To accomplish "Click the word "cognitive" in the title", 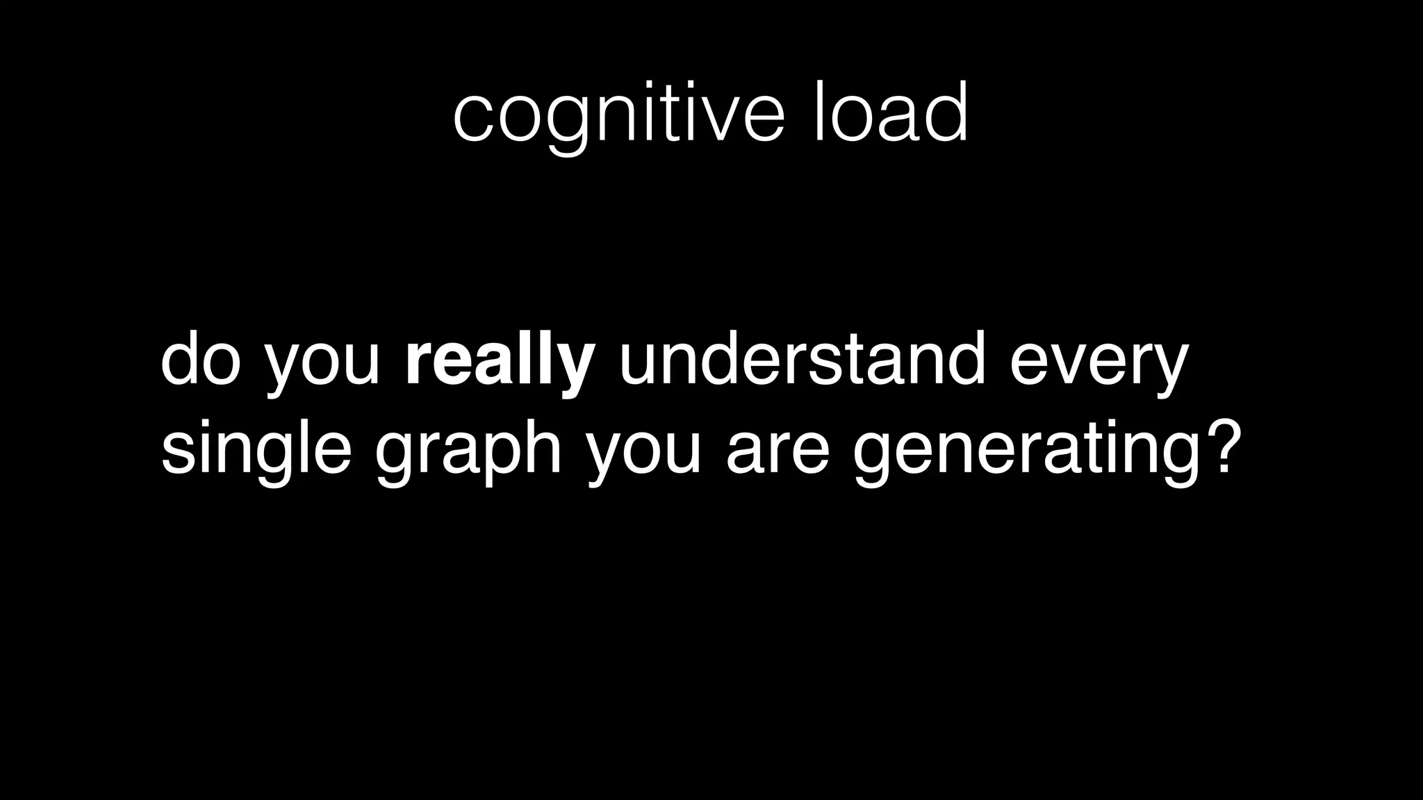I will (618, 115).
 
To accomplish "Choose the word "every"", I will (1099, 368).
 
